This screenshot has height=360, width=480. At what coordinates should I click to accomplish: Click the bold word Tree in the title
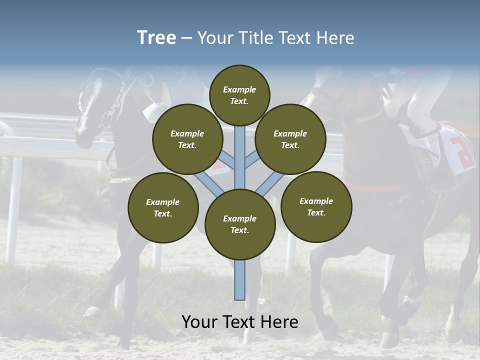(x=156, y=38)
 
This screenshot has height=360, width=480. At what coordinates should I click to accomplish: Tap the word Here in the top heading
(x=335, y=38)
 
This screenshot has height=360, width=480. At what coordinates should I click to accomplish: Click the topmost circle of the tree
(x=239, y=95)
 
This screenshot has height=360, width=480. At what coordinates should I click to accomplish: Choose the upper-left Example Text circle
(x=187, y=139)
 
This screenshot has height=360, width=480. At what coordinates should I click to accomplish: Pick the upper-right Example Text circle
(x=290, y=139)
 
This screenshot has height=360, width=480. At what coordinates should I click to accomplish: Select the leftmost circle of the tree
(x=163, y=207)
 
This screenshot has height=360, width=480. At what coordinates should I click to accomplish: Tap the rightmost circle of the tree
(x=316, y=206)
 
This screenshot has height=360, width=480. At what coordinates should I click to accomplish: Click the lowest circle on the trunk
(x=240, y=224)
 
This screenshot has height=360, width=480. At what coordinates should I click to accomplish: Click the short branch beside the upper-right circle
(x=252, y=160)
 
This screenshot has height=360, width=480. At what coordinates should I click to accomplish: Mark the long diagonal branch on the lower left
(x=208, y=182)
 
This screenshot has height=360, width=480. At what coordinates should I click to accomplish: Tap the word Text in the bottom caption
(x=239, y=322)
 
